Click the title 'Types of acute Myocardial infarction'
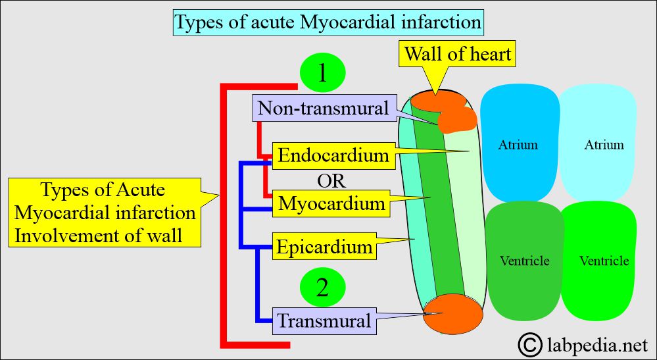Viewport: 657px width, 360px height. tap(328, 22)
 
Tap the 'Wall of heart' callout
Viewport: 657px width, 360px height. tap(458, 55)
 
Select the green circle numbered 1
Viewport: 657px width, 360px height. tap(323, 72)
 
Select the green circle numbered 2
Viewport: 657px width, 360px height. tap(323, 288)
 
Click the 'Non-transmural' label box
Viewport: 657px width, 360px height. tap(324, 108)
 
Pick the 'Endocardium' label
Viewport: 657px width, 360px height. tap(334, 155)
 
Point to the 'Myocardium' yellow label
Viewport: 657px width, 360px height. tap(331, 203)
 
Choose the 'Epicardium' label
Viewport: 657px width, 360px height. tap(324, 246)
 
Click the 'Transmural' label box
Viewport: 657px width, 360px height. tap(324, 321)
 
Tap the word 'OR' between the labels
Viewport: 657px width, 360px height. tap(331, 182)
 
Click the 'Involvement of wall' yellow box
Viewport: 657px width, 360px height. tap(105, 213)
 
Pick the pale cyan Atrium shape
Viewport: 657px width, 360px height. tap(598, 143)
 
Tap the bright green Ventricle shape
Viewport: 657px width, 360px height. tap(599, 261)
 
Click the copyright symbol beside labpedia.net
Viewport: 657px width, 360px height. tap(530, 344)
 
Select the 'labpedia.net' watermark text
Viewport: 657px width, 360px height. tap(598, 346)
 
